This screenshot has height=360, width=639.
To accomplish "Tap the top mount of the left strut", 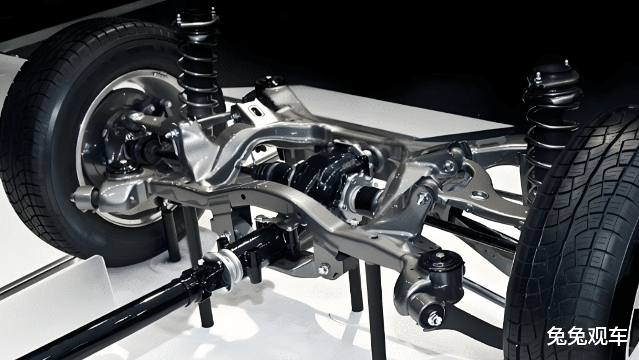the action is [x=197, y=19].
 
